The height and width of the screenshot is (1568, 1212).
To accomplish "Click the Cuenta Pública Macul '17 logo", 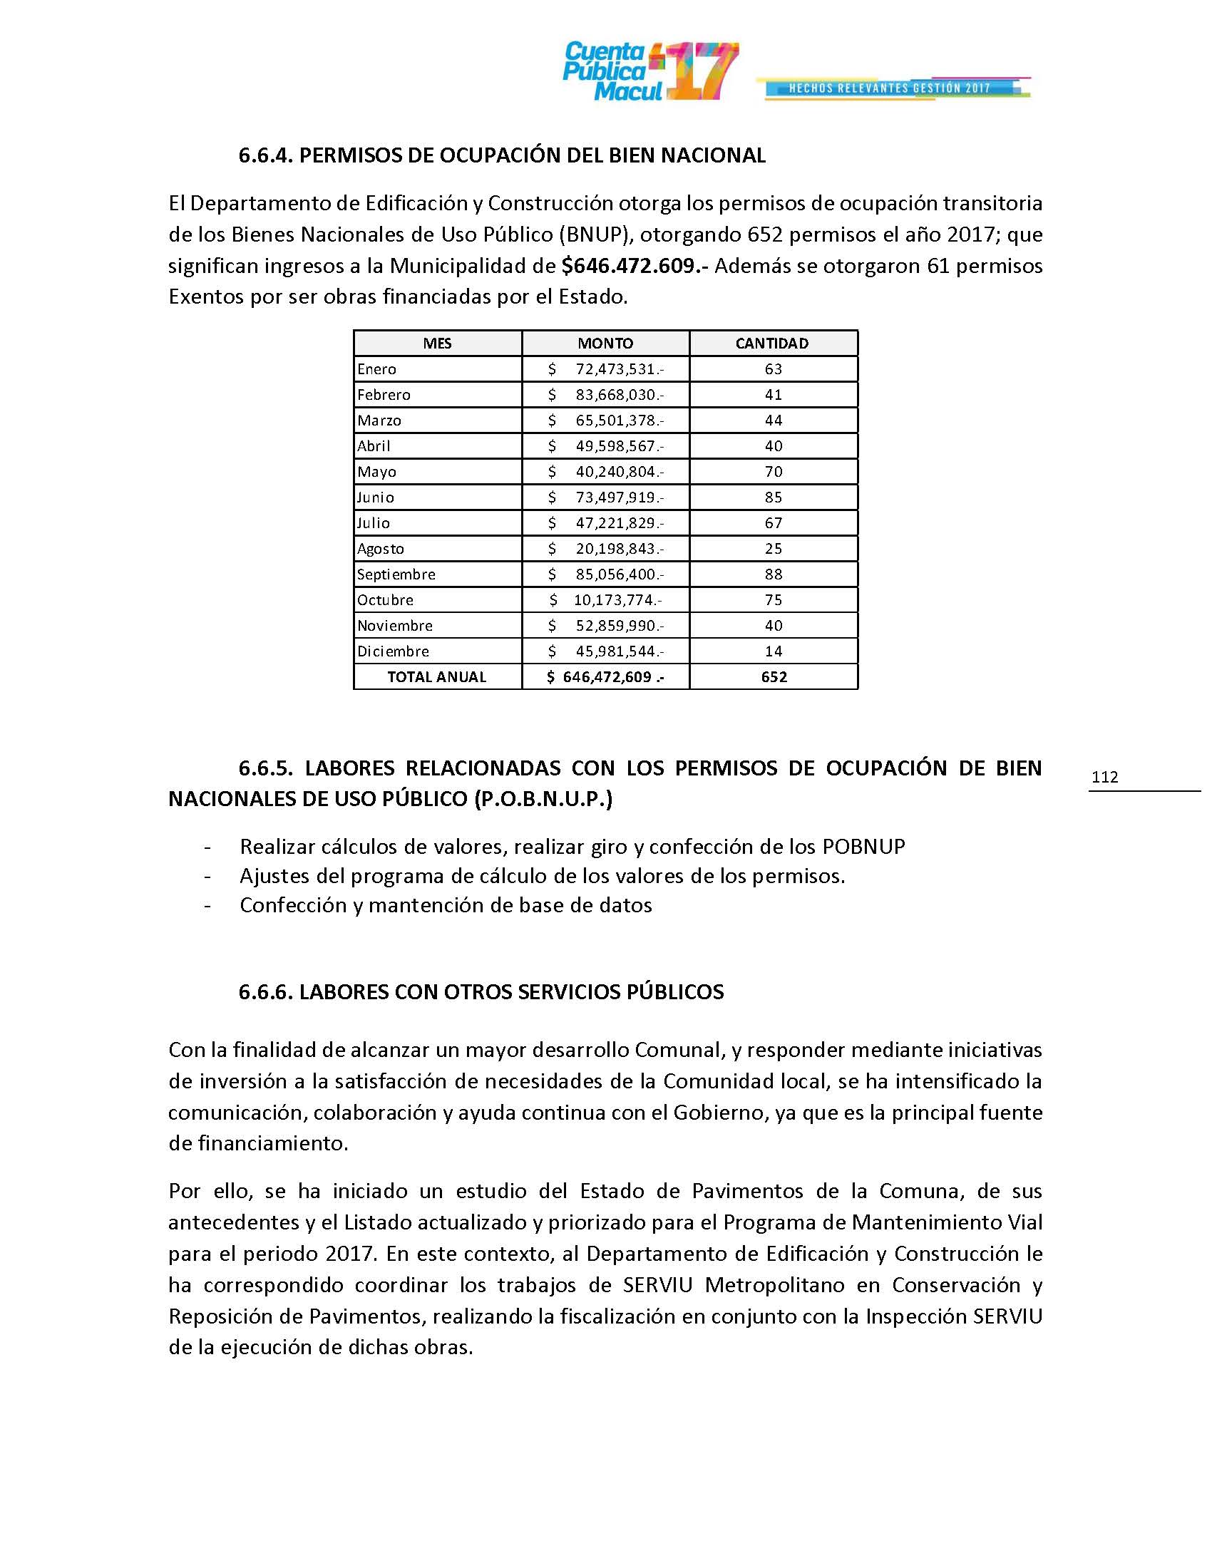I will [649, 71].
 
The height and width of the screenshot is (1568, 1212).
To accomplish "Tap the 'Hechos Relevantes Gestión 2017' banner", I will [890, 88].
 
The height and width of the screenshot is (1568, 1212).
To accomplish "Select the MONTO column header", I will [605, 344].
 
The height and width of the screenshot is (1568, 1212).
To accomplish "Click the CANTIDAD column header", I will [772, 344].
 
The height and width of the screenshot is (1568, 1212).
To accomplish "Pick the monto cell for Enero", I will [605, 369].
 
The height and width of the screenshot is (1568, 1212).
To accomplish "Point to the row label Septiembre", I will [396, 574].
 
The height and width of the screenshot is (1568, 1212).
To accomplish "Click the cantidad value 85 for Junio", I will [774, 497].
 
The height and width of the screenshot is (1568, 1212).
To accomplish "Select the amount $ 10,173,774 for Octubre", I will [605, 599].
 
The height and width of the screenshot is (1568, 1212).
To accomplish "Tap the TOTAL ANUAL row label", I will [436, 676].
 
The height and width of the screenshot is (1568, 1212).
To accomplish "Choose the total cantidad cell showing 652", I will [774, 676].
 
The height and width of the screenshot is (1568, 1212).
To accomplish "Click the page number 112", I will [1104, 777].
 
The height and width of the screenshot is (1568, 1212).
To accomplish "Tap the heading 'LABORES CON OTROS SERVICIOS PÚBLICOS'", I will [511, 992].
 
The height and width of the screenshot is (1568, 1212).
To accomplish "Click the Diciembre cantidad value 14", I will [774, 651].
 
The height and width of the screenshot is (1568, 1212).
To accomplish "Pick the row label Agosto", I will [381, 549].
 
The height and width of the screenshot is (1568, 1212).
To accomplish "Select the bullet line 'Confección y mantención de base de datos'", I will [446, 905].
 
